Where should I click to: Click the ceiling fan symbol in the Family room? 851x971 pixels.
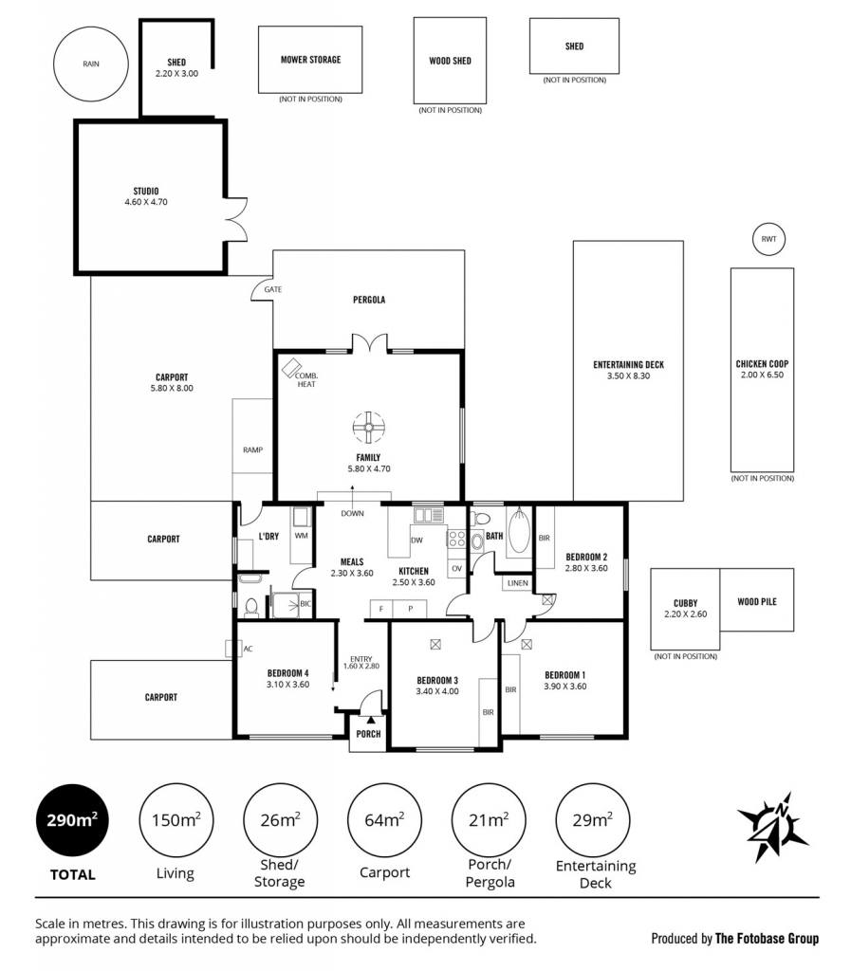pos(368,428)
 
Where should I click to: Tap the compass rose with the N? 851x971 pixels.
pos(772,827)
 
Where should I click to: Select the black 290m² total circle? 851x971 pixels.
pos(72,820)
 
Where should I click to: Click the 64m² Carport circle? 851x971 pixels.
pos(384,820)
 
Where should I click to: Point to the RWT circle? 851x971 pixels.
pos(768,239)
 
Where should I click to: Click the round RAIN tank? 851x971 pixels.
pos(91,64)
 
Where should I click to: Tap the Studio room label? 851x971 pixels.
pos(146,192)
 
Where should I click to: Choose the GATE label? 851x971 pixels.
pos(272,289)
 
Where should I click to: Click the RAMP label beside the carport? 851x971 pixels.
pos(252,450)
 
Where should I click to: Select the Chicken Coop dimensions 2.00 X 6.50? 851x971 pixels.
pos(762,375)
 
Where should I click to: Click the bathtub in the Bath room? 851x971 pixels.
pos(519,531)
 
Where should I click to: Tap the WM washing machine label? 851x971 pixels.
pos(301,536)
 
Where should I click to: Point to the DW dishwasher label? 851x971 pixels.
pos(416,540)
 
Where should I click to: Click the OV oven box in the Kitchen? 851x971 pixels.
pos(456,569)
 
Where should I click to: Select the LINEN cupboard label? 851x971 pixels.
pos(518,583)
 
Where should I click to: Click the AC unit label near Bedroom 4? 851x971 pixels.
pos(248,649)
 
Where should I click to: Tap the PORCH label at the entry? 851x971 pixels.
pos(368,734)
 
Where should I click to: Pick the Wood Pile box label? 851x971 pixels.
pos(757,601)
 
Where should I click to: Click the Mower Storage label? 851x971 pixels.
pos(311,60)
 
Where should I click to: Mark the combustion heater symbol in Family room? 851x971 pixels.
pos(290,369)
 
